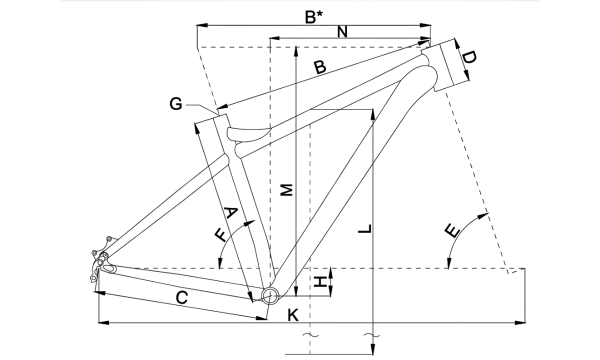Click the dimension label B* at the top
[313, 17]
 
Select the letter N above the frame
[342, 31]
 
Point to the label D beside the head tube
[469, 57]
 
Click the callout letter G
[175, 104]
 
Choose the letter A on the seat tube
[229, 213]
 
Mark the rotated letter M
[286, 190]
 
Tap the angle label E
[452, 231]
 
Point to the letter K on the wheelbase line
[293, 315]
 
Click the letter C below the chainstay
[181, 298]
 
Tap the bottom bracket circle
[269, 295]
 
